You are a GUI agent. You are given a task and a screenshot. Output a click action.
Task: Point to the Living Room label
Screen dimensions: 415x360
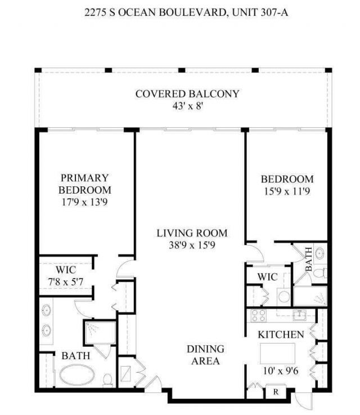tap(192, 233)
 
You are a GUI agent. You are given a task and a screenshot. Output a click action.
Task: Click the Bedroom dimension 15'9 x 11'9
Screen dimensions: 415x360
tap(287, 191)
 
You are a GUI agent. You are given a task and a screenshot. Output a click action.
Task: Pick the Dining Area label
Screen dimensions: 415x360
tap(205, 355)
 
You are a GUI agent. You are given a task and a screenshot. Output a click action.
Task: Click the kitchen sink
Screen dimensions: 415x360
tap(298, 314)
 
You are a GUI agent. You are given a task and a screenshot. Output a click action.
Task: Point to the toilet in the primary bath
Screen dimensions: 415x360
tap(107, 379)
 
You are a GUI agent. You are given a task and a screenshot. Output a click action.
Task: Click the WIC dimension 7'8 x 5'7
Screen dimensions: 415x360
tap(66, 281)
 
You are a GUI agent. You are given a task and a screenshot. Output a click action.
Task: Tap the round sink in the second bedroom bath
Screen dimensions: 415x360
tap(319, 253)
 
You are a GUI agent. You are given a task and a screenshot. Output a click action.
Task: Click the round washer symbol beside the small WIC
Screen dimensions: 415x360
tap(283, 296)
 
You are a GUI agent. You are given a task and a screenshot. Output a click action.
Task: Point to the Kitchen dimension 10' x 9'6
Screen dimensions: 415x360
tap(281, 371)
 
